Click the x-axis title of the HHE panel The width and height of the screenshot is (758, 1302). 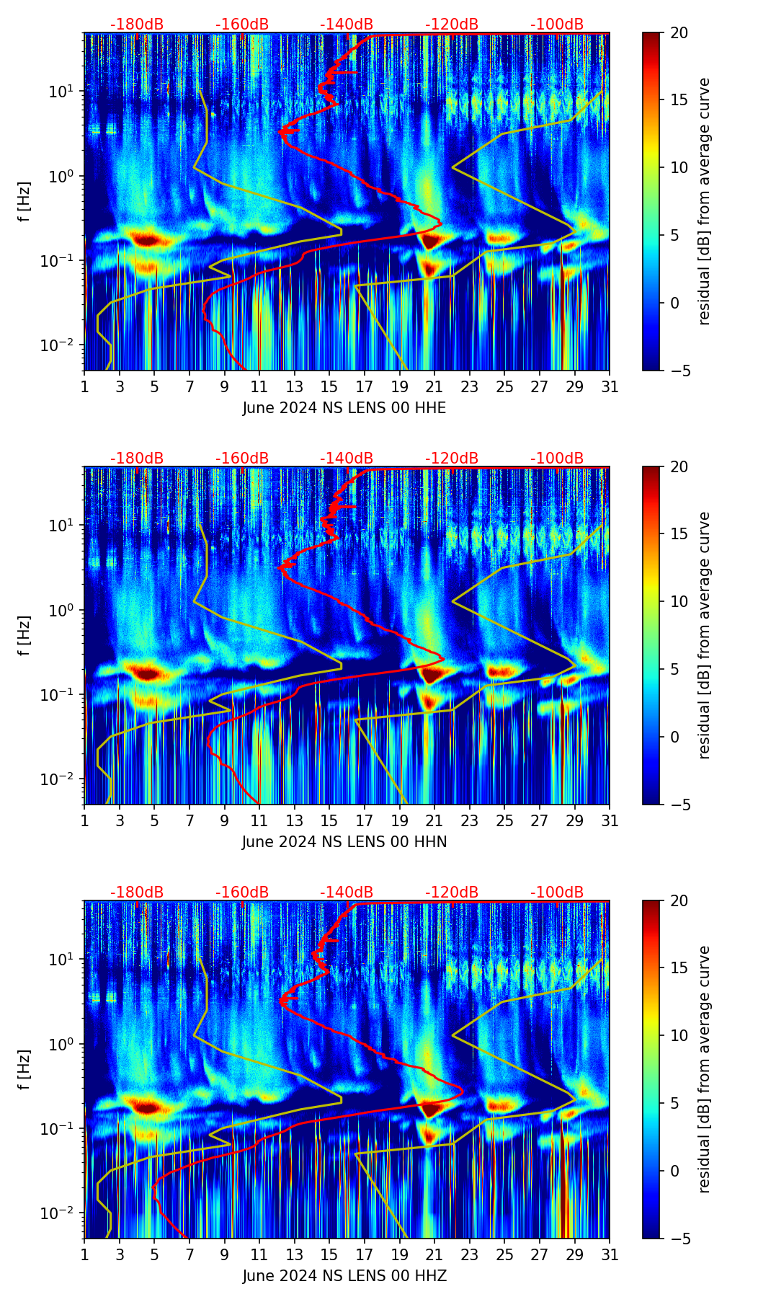(x=344, y=408)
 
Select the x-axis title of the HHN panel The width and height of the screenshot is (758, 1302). (x=344, y=842)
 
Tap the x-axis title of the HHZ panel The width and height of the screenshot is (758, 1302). (x=344, y=1276)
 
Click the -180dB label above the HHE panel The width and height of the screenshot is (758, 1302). (x=137, y=25)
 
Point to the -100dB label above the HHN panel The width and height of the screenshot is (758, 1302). (x=557, y=459)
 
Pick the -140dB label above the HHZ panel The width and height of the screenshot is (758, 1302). (x=347, y=893)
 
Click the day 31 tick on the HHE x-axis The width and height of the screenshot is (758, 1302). (x=610, y=386)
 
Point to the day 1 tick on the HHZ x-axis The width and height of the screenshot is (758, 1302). (x=84, y=1254)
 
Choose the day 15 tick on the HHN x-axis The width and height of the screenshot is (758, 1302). (x=329, y=820)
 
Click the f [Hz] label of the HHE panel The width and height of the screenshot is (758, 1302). (x=25, y=202)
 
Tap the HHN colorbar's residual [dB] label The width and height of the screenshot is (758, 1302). (x=704, y=635)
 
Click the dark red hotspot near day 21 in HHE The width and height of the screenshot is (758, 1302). (x=430, y=240)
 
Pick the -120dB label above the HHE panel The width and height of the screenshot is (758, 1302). (x=452, y=25)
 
